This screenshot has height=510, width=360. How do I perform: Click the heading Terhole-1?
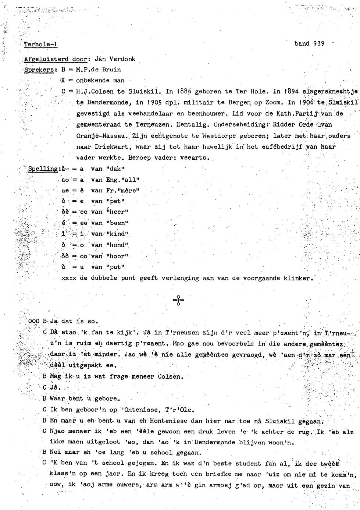pyautogui.click(x=40, y=45)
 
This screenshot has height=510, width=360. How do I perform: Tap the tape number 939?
pyautogui.click(x=318, y=43)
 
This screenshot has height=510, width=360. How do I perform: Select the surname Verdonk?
pyautogui.click(x=123, y=59)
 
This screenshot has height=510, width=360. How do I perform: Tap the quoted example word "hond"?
pyautogui.click(x=117, y=245)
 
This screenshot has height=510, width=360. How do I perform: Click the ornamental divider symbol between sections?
pyautogui.click(x=178, y=300)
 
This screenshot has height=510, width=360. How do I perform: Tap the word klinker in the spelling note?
pyautogui.click(x=297, y=278)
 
